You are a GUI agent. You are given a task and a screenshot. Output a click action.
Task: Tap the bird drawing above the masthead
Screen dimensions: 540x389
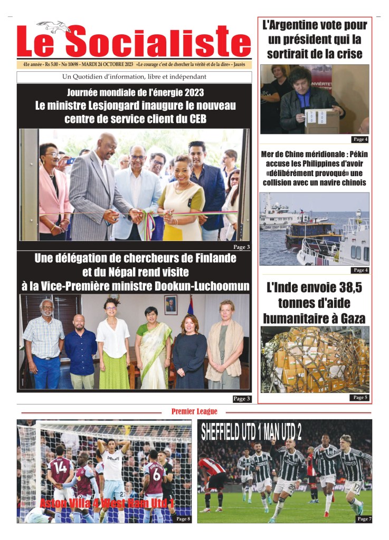click(x=54, y=26)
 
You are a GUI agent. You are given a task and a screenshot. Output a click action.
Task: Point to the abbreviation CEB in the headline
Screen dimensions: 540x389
click(x=194, y=119)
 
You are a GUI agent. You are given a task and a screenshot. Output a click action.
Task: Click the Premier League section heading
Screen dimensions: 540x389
click(x=194, y=411)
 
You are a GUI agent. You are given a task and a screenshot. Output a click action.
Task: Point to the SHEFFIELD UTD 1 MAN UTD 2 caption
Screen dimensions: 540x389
click(x=251, y=432)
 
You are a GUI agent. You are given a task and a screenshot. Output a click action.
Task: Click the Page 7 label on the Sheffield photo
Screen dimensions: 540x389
click(x=364, y=519)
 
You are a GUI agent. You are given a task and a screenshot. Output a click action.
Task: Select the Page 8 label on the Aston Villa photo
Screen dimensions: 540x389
click(x=182, y=519)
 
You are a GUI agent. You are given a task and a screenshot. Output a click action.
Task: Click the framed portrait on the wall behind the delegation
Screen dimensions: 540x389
click(x=170, y=304)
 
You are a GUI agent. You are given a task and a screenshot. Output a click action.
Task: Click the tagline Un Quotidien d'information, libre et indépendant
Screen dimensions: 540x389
click(x=134, y=77)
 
